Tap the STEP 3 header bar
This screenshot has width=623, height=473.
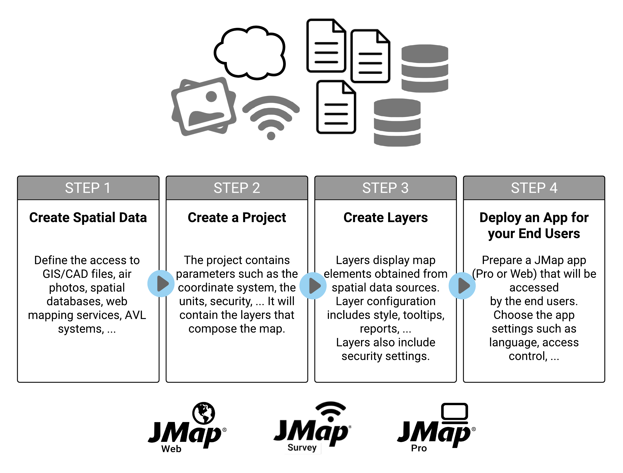coord(385,188)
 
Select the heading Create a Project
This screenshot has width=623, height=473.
coord(237,218)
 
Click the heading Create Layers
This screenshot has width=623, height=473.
coord(385,218)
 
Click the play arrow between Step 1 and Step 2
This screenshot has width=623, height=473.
coord(161,283)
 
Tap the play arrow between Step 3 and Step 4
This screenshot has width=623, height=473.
coord(462,286)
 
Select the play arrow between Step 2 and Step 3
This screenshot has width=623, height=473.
coord(313,286)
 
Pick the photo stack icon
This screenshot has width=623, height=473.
coord(204,106)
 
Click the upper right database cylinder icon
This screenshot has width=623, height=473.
coord(425,68)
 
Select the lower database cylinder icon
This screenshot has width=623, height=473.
coord(397,122)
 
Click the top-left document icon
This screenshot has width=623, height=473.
coord(326,46)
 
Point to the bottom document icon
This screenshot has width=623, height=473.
coord(336,107)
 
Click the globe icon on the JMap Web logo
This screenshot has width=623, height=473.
coord(204,413)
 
